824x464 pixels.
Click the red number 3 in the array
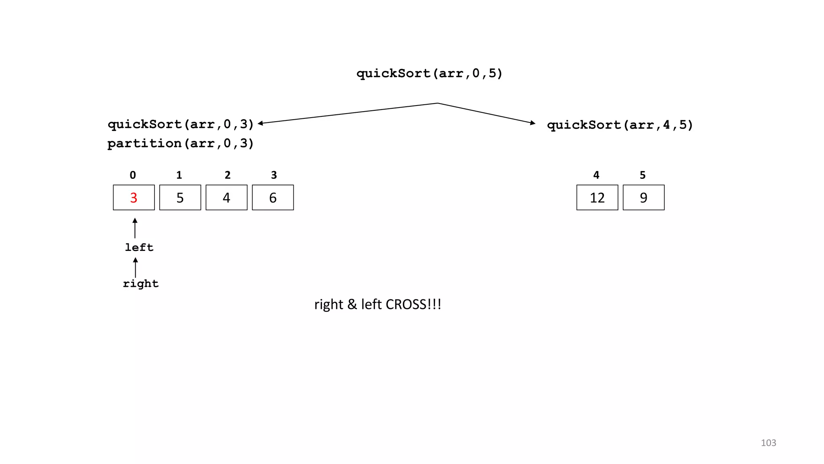[x=134, y=198]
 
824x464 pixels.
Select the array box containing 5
[x=180, y=198]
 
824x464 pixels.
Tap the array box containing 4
[x=226, y=198]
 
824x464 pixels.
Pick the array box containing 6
[x=273, y=198]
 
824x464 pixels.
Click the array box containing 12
[x=597, y=198]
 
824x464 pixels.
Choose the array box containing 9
[x=643, y=198]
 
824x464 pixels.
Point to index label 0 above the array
[x=133, y=175]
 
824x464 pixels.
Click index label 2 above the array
[x=227, y=175]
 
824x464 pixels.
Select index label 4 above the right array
[x=596, y=175]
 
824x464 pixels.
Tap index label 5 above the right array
[x=643, y=175]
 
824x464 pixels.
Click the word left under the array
[x=139, y=247]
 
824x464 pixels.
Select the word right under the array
[x=141, y=284]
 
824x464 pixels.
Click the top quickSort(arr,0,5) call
[x=429, y=73]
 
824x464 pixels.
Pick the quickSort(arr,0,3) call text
[x=181, y=124]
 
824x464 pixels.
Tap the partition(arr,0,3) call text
[x=181, y=143]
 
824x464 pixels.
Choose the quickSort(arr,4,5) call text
[x=620, y=125]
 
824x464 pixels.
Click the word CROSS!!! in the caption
[x=413, y=304]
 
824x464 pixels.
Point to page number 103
[x=768, y=443]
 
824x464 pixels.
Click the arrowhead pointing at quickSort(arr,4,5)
[x=533, y=123]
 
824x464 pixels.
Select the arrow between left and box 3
[x=135, y=228]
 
